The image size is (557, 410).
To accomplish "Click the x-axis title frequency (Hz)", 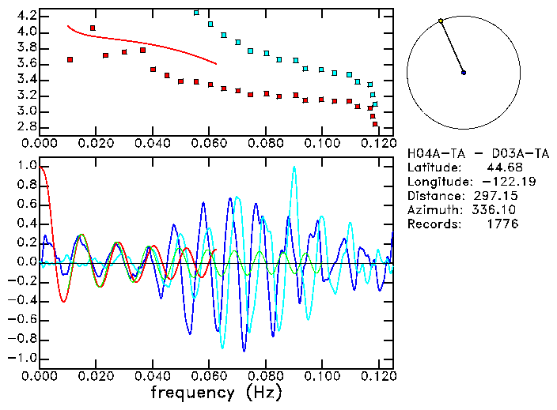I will [x=216, y=392].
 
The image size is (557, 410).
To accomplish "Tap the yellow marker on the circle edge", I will [x=441, y=21].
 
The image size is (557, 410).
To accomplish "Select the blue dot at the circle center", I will [x=464, y=73].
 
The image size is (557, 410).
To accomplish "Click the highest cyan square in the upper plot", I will [x=196, y=13].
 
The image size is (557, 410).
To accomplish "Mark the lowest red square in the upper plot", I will [x=375, y=124].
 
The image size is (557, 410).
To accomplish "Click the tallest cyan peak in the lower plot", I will [x=295, y=167].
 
